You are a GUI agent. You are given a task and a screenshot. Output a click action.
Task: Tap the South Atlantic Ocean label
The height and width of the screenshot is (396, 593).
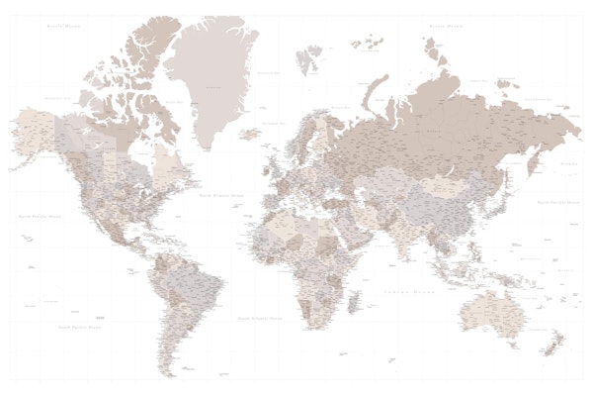pyautogui.click(x=260, y=319)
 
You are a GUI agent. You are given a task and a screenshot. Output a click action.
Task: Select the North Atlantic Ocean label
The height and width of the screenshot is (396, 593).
pyautogui.click(x=221, y=196)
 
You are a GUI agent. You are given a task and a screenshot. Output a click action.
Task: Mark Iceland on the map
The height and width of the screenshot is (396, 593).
pyautogui.click(x=250, y=133)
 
